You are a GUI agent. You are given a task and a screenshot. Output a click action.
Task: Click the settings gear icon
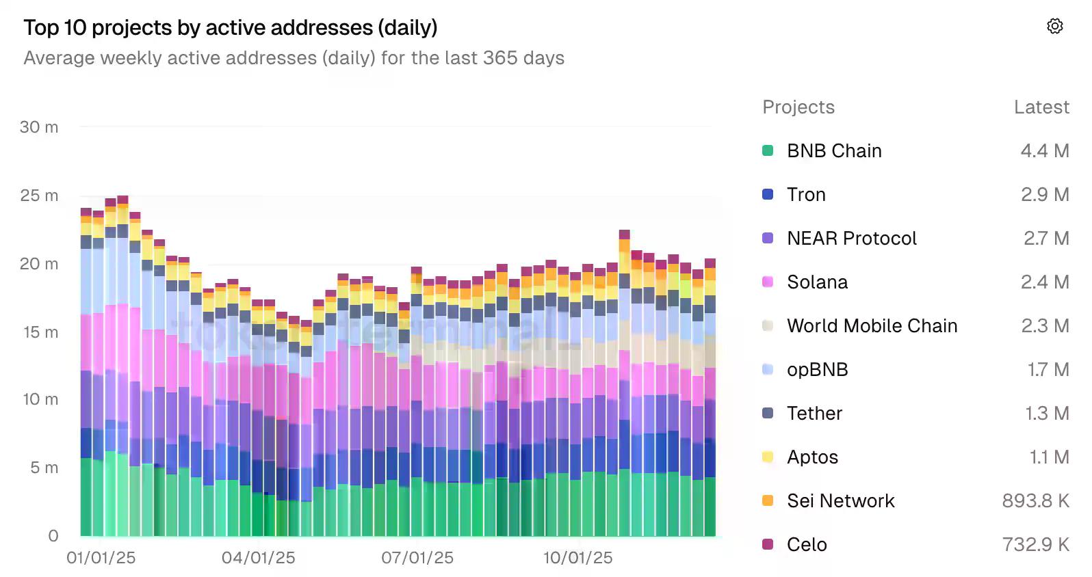click(1054, 26)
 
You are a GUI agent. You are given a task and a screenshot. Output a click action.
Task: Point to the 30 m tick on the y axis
click(39, 127)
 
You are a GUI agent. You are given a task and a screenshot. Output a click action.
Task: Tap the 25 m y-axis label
click(39, 196)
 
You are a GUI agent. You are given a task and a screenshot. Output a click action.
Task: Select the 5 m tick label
click(44, 468)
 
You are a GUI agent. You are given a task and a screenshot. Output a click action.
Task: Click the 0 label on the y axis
click(53, 535)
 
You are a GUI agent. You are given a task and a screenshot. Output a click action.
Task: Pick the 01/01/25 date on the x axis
click(101, 558)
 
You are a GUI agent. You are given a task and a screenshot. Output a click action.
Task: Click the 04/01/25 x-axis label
click(258, 558)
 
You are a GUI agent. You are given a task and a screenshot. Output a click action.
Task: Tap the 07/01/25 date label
click(417, 558)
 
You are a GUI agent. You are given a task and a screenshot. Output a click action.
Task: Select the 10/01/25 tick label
click(577, 558)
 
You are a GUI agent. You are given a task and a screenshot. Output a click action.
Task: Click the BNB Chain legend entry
click(833, 151)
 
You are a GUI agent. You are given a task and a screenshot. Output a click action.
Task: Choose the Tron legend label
click(806, 195)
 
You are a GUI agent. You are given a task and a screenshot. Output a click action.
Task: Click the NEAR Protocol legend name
click(851, 239)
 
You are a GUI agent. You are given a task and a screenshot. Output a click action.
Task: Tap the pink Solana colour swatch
click(768, 282)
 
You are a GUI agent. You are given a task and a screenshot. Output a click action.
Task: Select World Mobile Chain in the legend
click(872, 326)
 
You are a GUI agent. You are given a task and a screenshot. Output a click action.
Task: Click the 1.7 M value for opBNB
click(1048, 370)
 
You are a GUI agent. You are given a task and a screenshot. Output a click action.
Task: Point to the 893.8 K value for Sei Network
click(1035, 501)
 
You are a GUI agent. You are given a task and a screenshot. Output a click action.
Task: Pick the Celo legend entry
click(807, 545)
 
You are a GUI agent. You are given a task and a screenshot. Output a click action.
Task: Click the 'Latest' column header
click(1041, 107)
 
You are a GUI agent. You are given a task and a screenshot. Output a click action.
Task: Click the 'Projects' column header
click(798, 107)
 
